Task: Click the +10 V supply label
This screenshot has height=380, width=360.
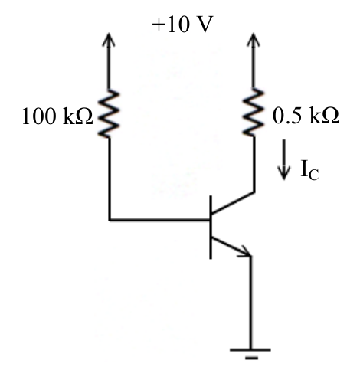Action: pos(182,25)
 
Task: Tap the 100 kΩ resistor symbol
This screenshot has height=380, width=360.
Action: pos(109,114)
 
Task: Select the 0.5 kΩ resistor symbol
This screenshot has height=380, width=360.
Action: pos(254,113)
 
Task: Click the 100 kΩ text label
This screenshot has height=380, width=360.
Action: pos(57,116)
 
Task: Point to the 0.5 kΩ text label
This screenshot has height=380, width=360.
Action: pos(306,116)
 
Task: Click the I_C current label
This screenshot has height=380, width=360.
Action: pos(309,170)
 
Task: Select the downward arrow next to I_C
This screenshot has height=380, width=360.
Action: pos(284,159)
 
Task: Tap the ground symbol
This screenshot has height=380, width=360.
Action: pos(250,354)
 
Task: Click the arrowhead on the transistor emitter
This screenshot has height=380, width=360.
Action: pos(246,251)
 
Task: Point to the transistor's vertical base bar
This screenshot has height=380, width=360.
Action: pos(211,228)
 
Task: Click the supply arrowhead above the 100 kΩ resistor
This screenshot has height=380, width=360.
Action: pos(109,40)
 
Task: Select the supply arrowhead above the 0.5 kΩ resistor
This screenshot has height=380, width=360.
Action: pos(254,40)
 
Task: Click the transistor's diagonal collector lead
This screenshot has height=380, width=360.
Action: pos(233,202)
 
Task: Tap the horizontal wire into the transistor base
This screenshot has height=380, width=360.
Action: pos(159,220)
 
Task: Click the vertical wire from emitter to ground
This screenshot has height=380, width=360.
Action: pos(250,303)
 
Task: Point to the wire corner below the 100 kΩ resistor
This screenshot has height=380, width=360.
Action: pos(110,220)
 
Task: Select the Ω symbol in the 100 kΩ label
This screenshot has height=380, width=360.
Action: pos(84,116)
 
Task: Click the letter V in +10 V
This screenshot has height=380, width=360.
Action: pos(205,25)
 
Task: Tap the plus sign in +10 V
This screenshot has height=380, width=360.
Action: pos(159,25)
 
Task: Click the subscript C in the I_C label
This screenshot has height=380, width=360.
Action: pos(313,175)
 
